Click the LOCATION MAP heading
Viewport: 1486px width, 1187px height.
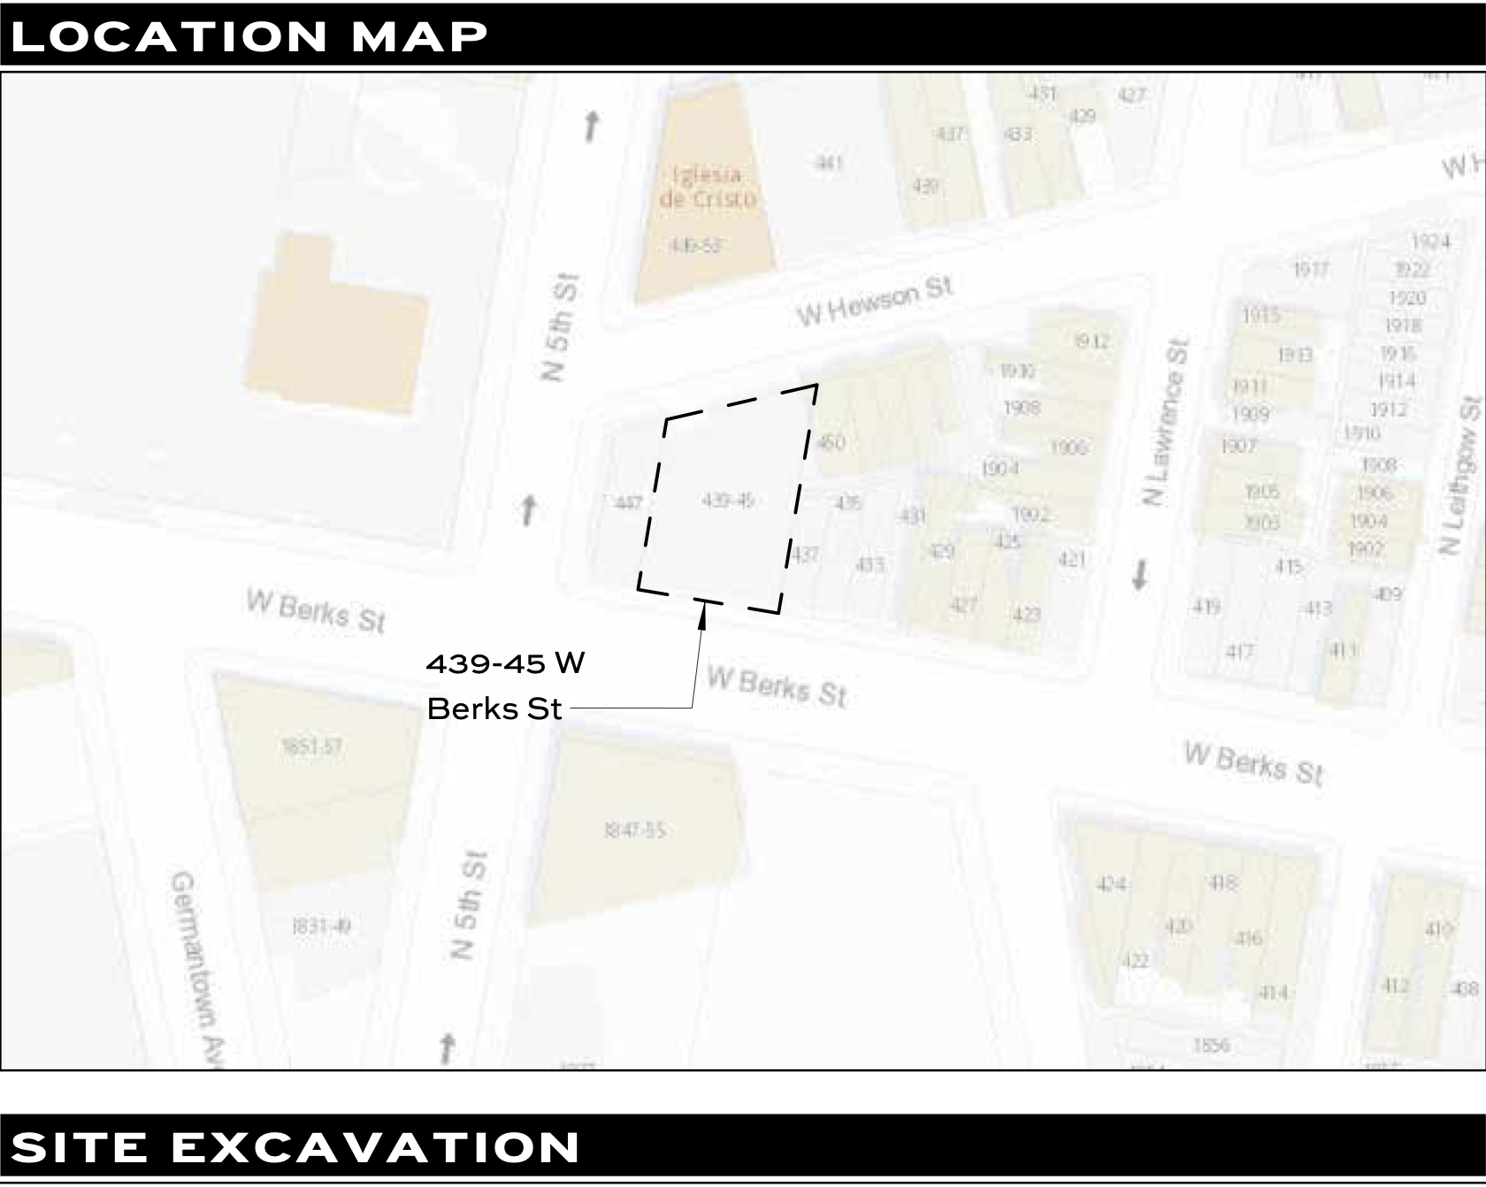249,36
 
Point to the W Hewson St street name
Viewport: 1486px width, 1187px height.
874,302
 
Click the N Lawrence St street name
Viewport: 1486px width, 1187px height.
1166,421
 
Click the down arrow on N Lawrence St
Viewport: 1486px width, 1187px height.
1139,575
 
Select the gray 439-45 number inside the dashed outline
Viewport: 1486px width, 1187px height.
727,501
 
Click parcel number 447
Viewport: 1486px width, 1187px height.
628,503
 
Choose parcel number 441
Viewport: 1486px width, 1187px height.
828,163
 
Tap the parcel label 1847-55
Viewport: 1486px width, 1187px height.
634,831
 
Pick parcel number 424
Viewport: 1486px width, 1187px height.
1111,884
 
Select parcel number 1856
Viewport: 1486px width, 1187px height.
1211,1045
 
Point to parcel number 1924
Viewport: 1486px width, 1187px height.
1430,241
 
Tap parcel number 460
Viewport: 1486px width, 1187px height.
831,442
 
